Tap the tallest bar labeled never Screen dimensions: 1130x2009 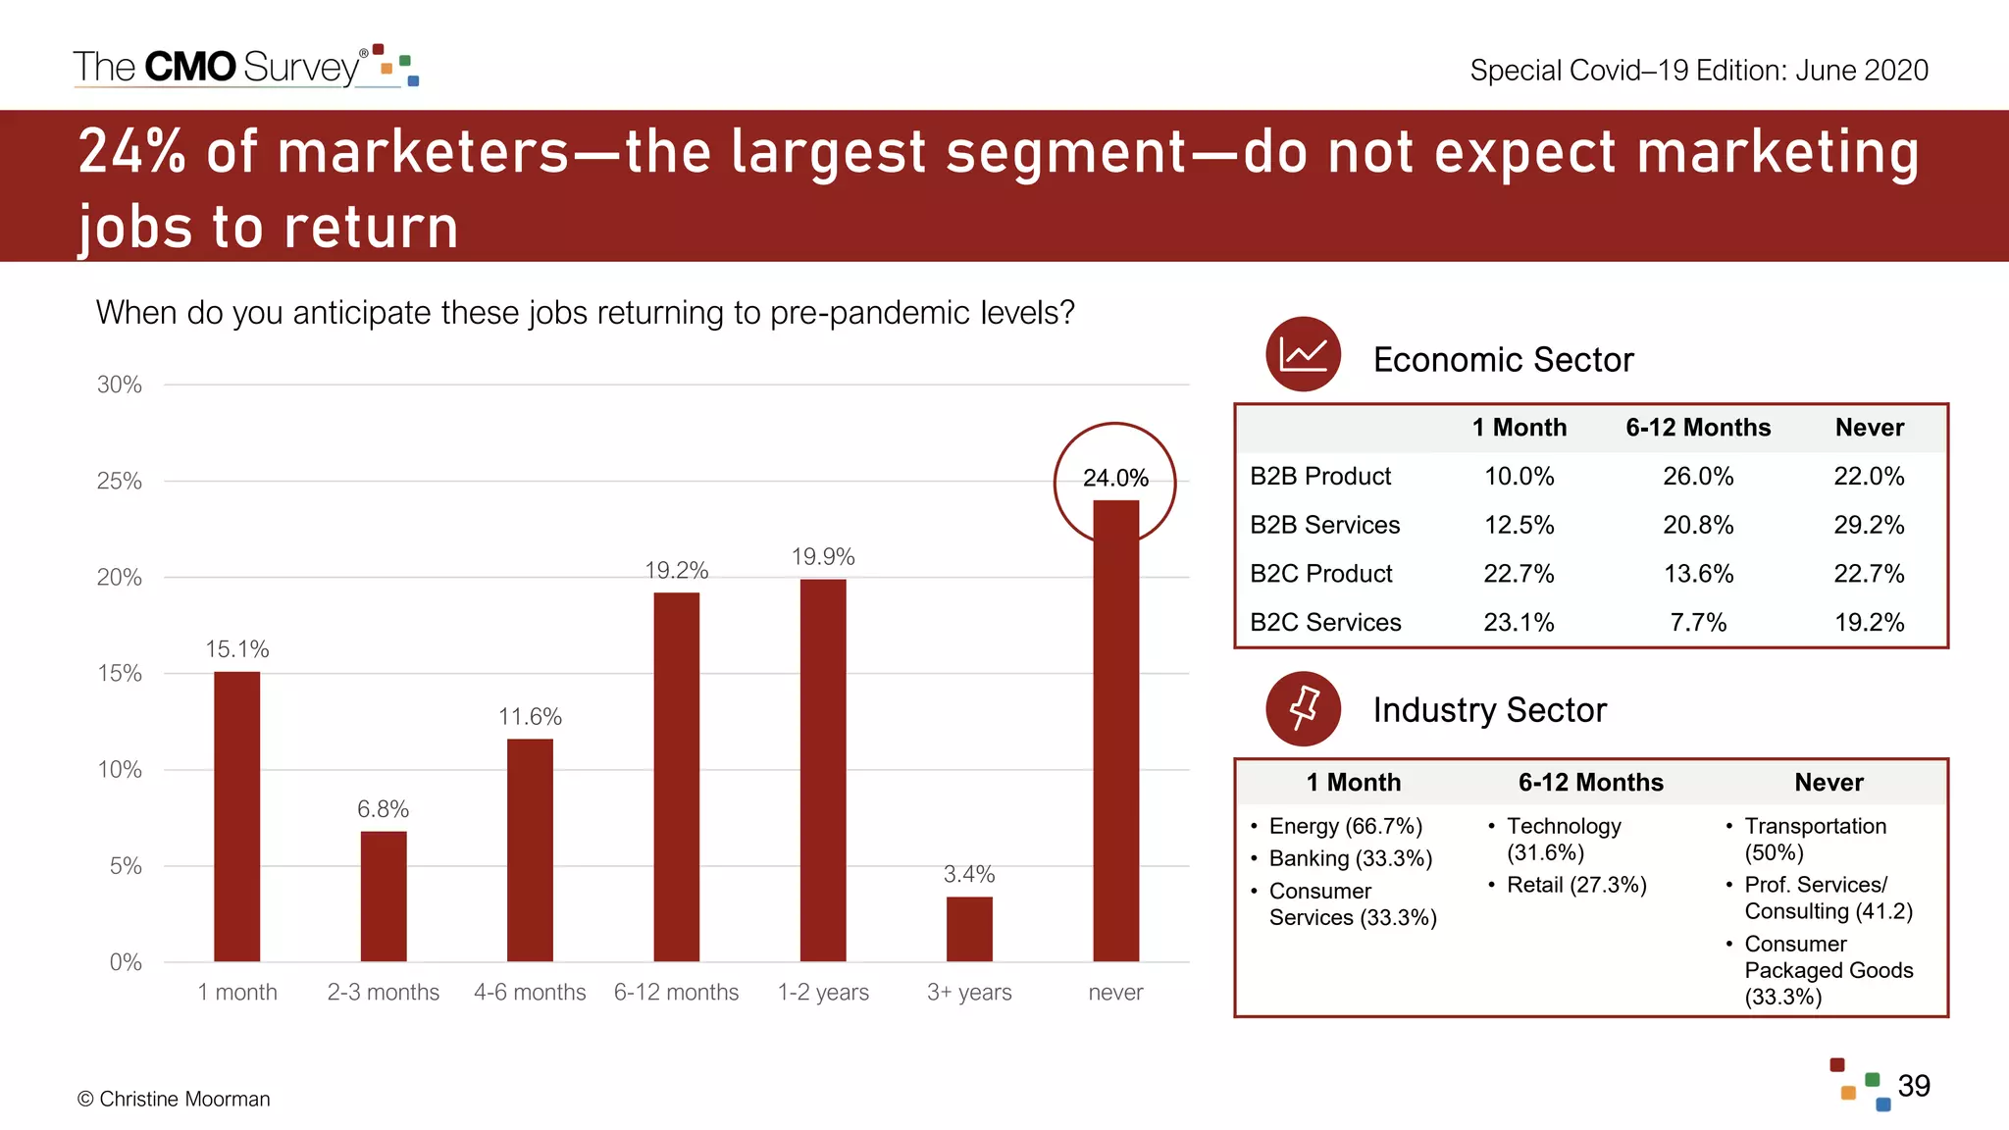1115,731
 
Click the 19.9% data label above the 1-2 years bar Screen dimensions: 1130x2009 823,557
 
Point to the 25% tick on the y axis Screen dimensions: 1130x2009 119,482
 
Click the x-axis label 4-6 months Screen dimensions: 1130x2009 530,993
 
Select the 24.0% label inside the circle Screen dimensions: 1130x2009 1115,478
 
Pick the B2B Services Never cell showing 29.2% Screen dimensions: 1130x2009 1869,525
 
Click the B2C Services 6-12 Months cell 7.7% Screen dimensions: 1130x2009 1698,622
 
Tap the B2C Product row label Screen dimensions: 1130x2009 1320,574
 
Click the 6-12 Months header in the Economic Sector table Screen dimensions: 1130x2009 1698,428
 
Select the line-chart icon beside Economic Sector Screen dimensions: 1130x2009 1303,354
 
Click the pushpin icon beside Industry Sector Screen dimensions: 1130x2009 1303,708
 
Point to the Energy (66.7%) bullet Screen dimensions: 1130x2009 1344,826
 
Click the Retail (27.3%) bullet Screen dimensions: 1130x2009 1575,885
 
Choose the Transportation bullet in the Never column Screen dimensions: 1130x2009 1815,839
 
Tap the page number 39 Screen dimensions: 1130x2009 1913,1086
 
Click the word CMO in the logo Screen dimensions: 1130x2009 190,67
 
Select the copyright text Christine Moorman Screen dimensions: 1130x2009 174,1099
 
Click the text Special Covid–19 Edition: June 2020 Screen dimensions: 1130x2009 1698,71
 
